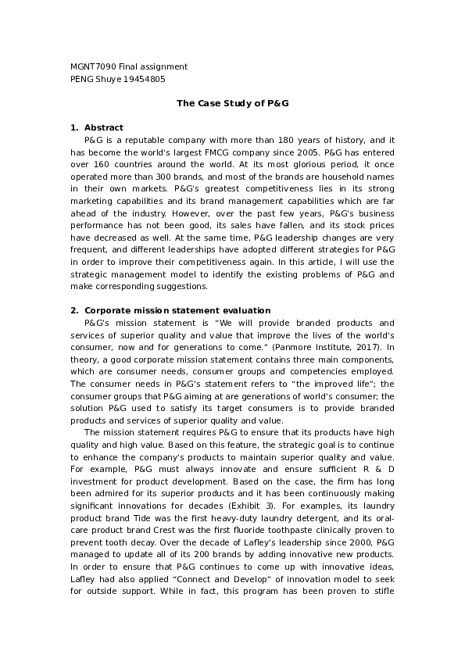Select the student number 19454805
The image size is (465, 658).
pos(145,79)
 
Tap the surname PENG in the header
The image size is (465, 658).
pos(82,79)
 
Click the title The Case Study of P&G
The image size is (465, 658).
pos(232,103)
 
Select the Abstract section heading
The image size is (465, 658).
pos(103,127)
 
